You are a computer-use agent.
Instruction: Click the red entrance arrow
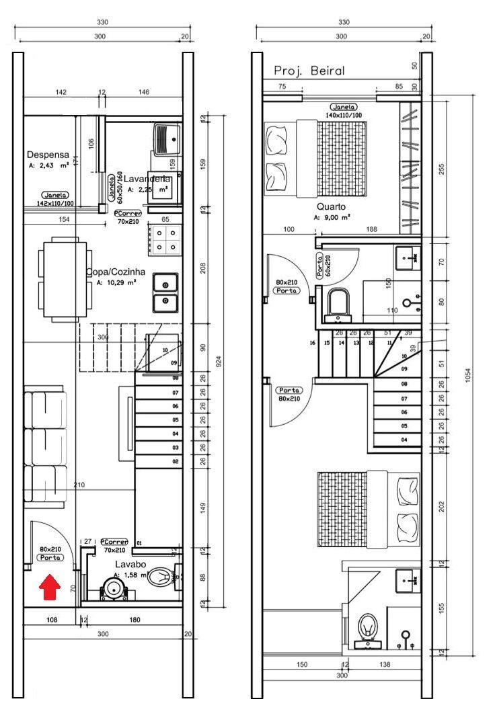48,586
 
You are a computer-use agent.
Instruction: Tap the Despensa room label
48,155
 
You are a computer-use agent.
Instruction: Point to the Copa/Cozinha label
116,272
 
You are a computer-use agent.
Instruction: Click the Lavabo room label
130,564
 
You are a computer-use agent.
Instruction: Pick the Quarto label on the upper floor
332,207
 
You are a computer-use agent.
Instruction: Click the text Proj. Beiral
309,71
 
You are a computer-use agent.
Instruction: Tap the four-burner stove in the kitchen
165,239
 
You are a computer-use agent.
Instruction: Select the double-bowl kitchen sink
165,293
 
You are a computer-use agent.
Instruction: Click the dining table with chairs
63,278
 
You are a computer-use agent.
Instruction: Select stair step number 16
313,343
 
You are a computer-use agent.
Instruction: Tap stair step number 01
140,542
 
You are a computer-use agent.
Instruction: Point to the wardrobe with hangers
410,168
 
